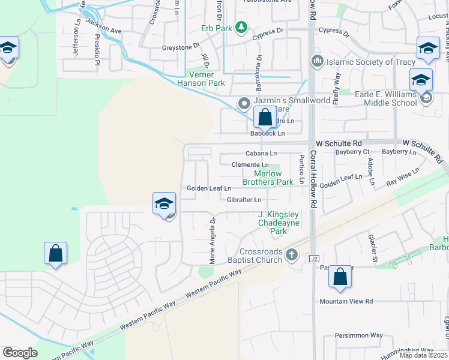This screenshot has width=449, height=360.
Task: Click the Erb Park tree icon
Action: point(241,27)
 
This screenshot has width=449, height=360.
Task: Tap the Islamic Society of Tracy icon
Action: point(318,61)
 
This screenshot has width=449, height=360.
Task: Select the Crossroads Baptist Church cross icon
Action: point(292,254)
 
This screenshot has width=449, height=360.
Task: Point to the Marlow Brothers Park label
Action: point(269,178)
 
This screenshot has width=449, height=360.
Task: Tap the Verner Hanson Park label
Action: point(200,79)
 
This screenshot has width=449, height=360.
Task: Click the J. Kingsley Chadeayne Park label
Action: point(278,223)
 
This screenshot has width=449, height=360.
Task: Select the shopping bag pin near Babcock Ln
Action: point(265,118)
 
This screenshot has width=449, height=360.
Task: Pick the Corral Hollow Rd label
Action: point(313,180)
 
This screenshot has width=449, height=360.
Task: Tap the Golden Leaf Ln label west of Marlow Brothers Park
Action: point(209,188)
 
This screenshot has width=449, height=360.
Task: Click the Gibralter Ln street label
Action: point(244,200)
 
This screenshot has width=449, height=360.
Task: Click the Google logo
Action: point(20,353)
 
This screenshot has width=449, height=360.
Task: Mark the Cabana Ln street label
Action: point(261,154)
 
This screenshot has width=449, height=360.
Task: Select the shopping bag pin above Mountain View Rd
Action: point(340,277)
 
